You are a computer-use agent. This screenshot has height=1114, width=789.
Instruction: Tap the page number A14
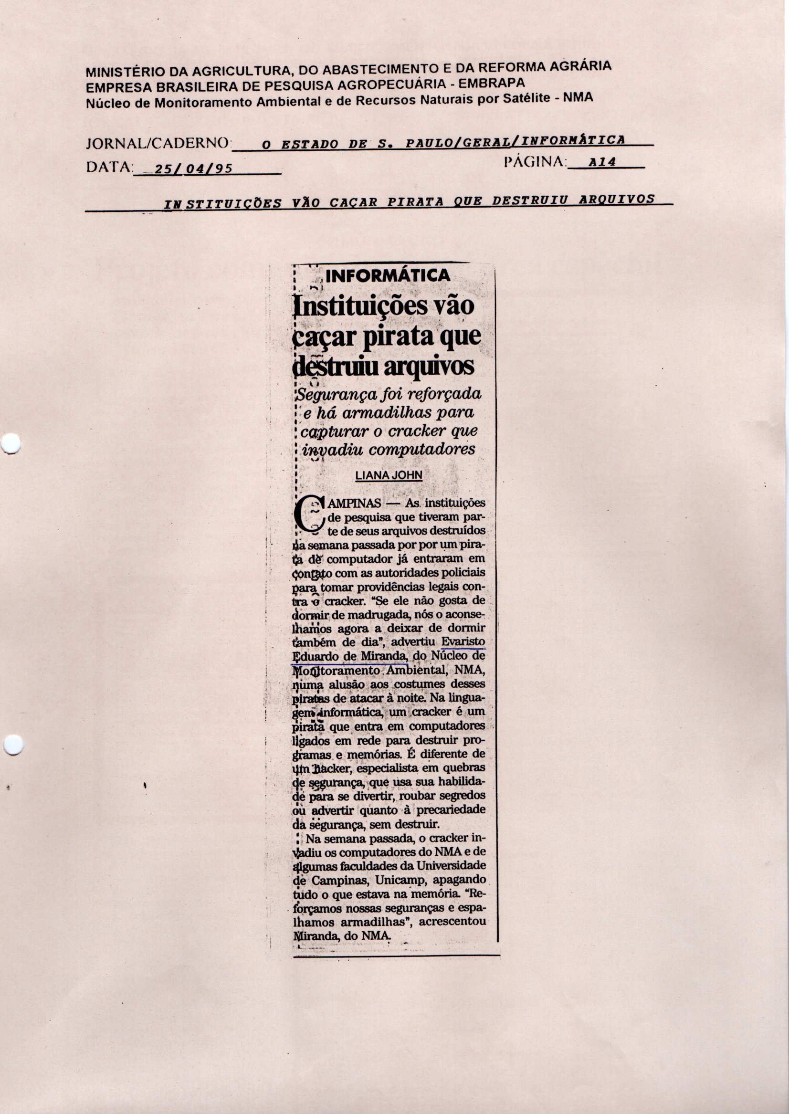click(602, 162)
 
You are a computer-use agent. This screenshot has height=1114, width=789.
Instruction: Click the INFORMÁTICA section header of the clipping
click(388, 276)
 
